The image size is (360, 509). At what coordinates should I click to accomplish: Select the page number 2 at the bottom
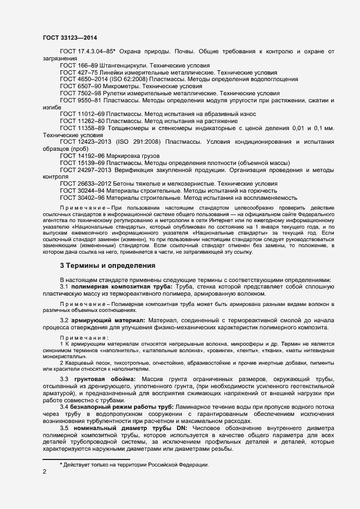tap(44, 472)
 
